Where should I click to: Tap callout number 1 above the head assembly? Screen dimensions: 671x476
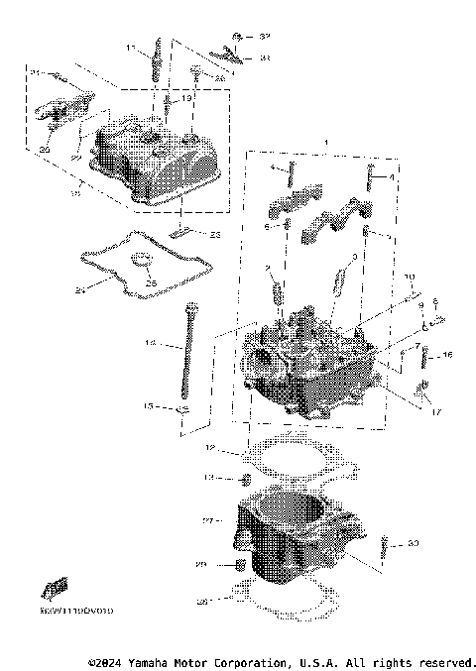[315, 144]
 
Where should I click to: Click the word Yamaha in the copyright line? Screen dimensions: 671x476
[148, 661]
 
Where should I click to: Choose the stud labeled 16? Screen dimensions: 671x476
[429, 360]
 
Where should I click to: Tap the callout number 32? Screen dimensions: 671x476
[264, 36]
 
